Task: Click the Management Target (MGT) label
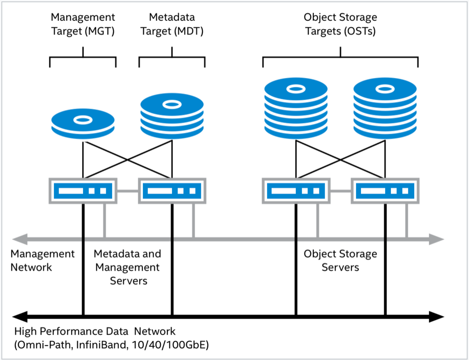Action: [83, 24]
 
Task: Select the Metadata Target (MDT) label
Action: [172, 24]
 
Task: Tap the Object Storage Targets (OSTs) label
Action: [340, 24]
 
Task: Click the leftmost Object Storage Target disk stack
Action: [296, 109]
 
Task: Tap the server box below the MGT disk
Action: [83, 190]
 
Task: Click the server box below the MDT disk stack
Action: [172, 190]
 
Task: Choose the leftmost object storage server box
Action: [296, 190]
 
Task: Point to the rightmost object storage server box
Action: [385, 190]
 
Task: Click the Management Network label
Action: [43, 260]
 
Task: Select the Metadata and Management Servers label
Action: [127, 267]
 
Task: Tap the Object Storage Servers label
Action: [340, 260]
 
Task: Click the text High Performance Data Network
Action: [95, 331]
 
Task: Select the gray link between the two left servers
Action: [127, 191]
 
